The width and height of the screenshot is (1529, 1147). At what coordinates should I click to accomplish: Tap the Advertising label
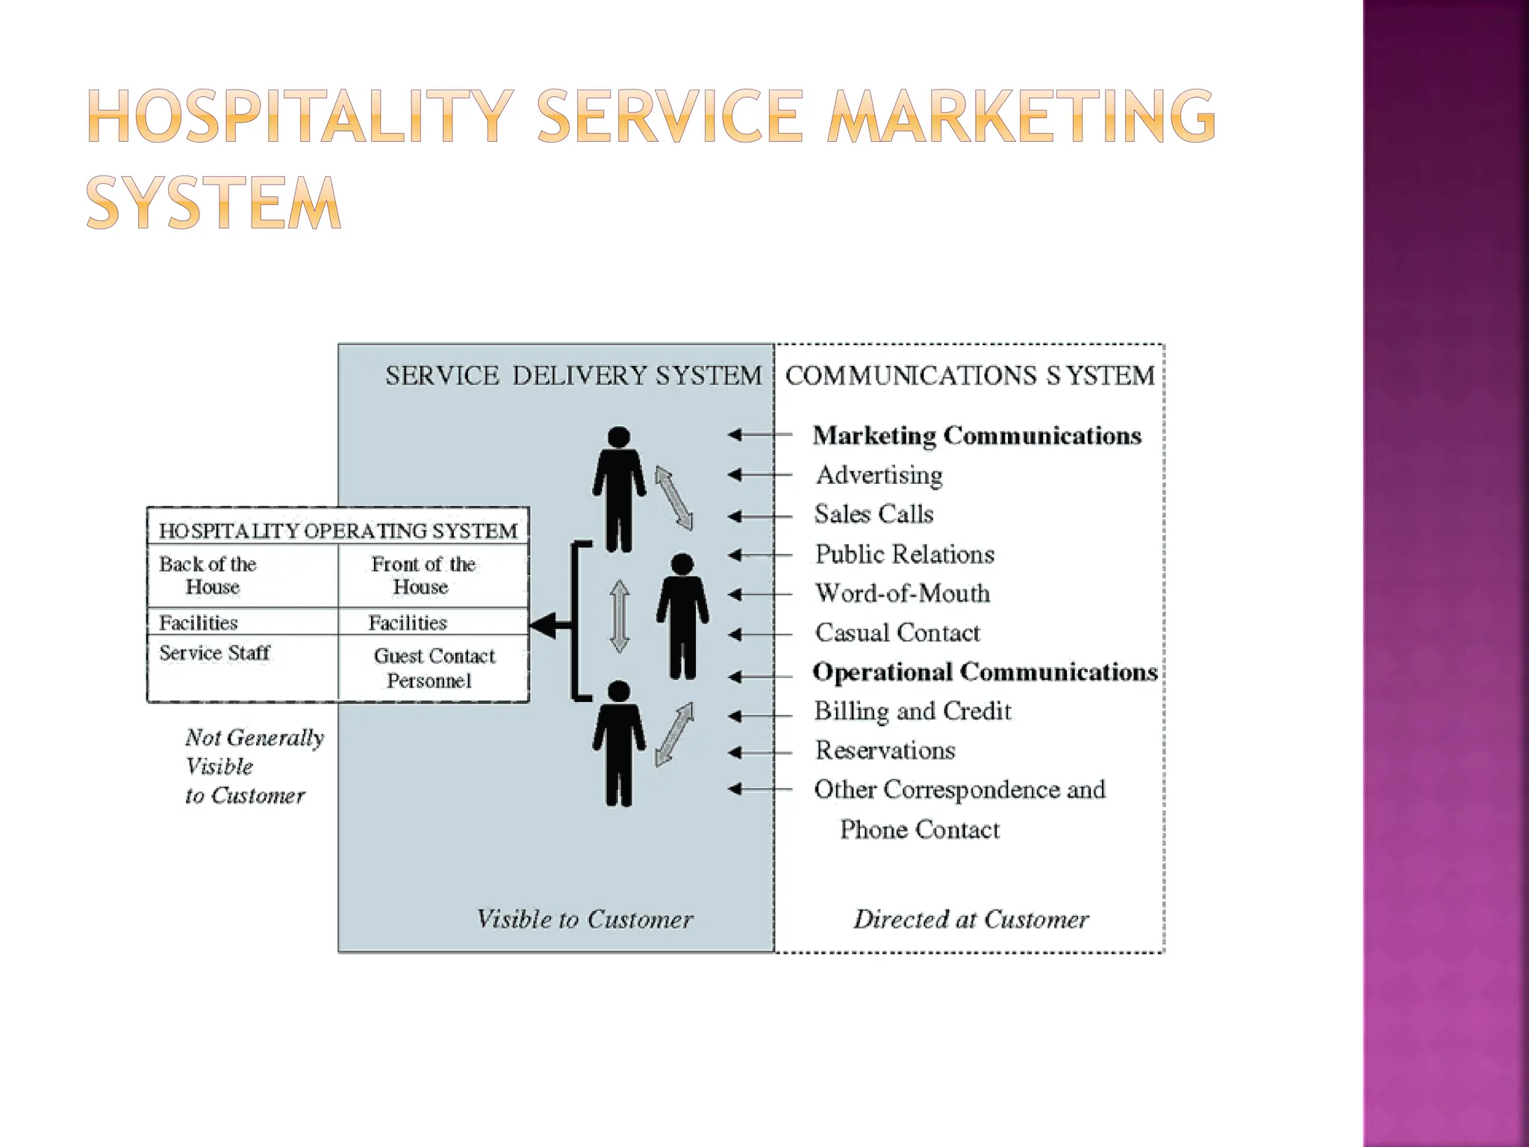point(879,475)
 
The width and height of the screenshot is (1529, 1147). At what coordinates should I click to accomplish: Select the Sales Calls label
point(874,515)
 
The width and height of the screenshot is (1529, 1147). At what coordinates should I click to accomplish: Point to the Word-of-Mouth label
point(903,594)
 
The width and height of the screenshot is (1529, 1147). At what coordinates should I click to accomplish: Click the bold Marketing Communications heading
point(977,435)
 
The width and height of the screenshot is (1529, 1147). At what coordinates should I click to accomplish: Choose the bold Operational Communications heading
point(985,672)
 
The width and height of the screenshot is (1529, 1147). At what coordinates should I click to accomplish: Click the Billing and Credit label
point(912,711)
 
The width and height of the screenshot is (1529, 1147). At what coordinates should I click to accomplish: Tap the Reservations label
point(885,750)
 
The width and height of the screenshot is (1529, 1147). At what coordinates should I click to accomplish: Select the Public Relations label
point(904,554)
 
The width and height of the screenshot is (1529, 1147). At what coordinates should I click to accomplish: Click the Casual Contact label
point(897,633)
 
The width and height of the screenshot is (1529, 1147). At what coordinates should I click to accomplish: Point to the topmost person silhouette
point(619,489)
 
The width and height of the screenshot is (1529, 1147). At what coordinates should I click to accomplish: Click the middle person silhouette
point(682,616)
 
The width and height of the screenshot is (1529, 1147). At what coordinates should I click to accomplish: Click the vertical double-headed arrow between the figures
point(620,617)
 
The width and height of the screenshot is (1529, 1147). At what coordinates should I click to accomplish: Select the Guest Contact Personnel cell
point(434,668)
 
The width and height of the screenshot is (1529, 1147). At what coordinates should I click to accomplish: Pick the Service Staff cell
point(214,653)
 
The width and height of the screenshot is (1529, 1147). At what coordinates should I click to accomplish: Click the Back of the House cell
point(208,575)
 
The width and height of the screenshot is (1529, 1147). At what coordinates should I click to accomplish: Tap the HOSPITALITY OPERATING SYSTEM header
point(337,531)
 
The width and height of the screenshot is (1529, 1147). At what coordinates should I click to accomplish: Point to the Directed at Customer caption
point(971,919)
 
